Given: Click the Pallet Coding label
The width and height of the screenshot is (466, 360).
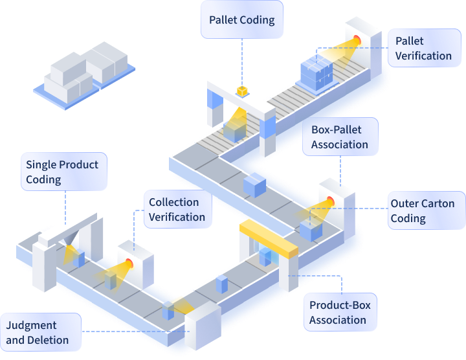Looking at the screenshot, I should click(x=241, y=20).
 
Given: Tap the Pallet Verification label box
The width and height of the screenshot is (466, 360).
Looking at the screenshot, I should click(x=423, y=49).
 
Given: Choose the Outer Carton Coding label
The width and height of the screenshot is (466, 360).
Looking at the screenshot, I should click(x=422, y=211).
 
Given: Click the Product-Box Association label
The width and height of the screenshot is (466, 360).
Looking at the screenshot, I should click(x=340, y=312).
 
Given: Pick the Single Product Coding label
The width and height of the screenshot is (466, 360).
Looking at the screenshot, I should click(x=62, y=172).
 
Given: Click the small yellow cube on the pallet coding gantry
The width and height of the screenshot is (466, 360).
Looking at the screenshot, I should click(x=242, y=91).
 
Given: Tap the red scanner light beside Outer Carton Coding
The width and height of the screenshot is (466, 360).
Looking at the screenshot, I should click(x=330, y=201).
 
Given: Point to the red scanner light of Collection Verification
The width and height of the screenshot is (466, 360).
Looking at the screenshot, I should click(x=129, y=263).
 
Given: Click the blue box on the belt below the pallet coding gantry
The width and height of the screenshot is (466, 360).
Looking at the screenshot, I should click(x=254, y=184).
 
